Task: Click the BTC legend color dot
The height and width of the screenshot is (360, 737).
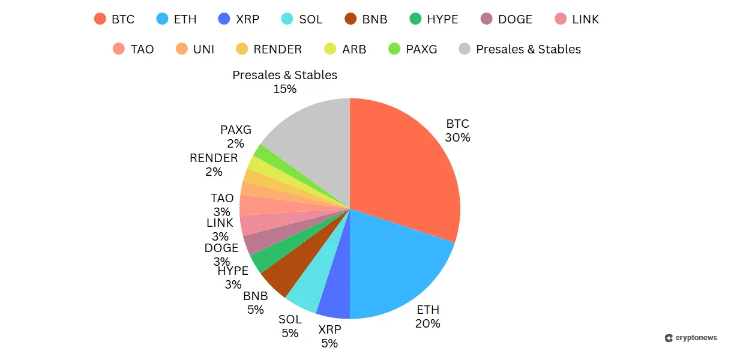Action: [100, 19]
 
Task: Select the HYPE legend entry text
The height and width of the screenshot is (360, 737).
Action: [442, 19]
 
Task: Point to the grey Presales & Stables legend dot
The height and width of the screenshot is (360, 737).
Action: [465, 49]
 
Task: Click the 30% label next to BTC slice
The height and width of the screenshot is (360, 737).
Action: [457, 137]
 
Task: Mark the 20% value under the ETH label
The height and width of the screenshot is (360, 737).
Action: [427, 323]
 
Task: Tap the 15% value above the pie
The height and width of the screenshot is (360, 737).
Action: [284, 89]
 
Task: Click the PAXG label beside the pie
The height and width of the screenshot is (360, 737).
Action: [235, 130]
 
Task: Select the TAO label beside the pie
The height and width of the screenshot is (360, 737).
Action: [221, 198]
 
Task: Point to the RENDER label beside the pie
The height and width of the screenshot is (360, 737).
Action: [214, 158]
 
